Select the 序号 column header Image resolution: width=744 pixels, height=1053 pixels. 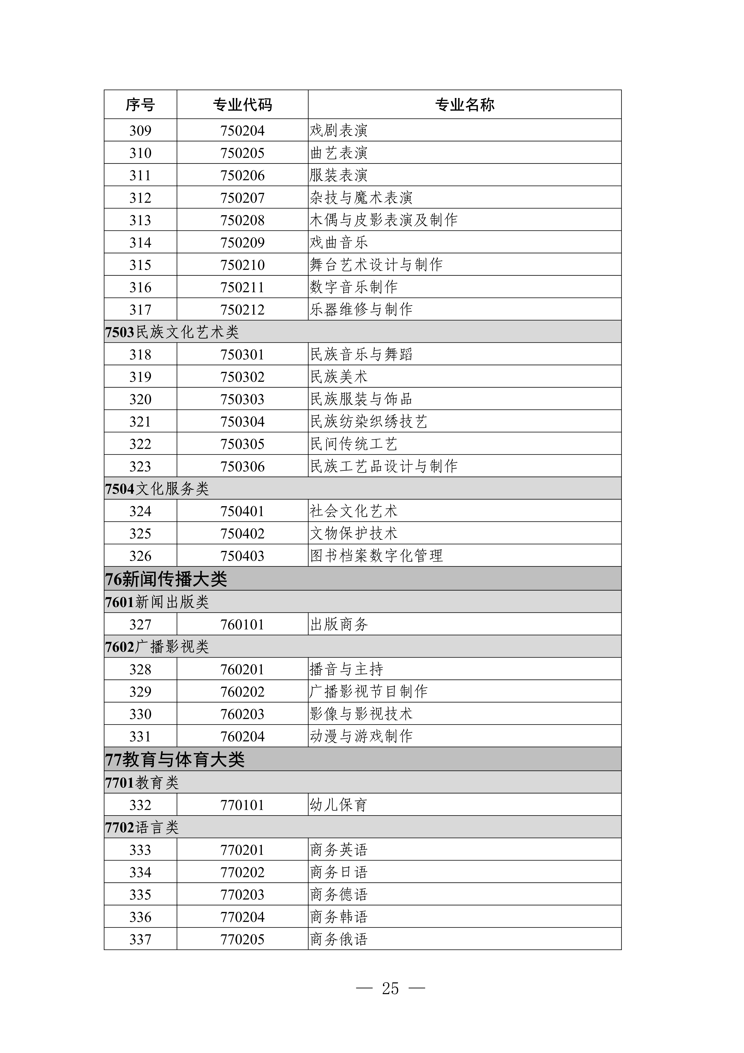pyautogui.click(x=140, y=105)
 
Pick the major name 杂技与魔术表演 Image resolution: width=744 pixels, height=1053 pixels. pyautogui.click(x=361, y=198)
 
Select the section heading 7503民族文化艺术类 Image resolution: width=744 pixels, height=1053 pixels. pyautogui.click(x=172, y=332)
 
